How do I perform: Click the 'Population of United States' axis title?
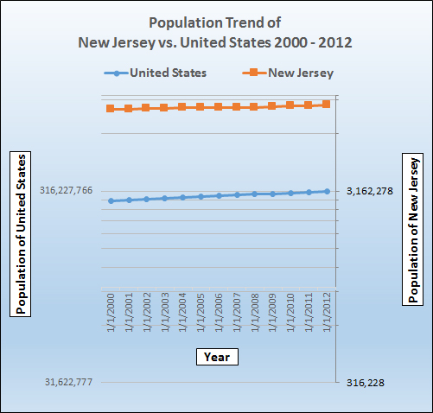[21, 234]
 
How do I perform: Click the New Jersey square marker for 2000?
[111, 109]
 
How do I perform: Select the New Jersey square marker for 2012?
[327, 105]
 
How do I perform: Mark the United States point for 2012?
[327, 191]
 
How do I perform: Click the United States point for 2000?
[111, 200]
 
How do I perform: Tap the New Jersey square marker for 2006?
[219, 107]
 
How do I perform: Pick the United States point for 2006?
[219, 196]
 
